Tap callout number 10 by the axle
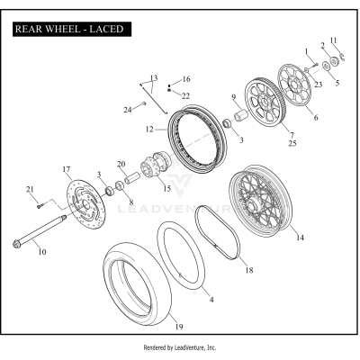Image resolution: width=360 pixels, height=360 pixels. pos(41,253)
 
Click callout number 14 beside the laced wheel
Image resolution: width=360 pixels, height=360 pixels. pos(300,238)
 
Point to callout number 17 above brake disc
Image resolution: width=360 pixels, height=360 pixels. pos(66,168)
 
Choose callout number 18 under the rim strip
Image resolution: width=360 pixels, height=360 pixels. pos(250,270)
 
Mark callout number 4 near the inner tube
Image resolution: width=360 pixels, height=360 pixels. pos(211,298)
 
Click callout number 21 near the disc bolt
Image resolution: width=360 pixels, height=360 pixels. pos(30,189)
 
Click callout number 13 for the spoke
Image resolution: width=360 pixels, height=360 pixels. pos(153,77)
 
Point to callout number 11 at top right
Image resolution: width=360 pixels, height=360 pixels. pos(332,40)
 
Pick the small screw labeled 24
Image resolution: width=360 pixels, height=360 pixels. pos(144,105)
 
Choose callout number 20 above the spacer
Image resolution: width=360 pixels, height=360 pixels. pos(121,164)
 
